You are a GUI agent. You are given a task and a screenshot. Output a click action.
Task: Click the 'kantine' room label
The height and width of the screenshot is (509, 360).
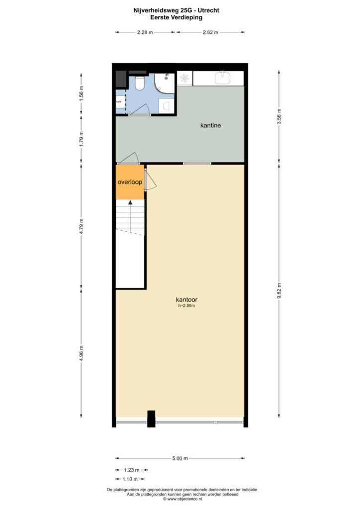click(x=210, y=125)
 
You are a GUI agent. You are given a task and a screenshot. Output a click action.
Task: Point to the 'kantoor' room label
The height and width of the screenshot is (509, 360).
click(x=187, y=300)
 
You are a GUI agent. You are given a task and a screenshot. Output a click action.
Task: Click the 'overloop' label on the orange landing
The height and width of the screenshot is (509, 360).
click(x=130, y=182)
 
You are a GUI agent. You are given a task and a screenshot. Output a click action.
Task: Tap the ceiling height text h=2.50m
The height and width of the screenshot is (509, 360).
click(x=187, y=306)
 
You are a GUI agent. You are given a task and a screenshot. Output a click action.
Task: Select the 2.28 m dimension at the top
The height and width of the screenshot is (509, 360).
click(x=145, y=32)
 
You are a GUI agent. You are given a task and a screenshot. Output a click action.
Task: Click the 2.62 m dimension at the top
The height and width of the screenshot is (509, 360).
click(x=211, y=32)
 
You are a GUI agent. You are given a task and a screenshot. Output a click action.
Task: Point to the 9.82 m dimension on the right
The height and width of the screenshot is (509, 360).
click(x=279, y=291)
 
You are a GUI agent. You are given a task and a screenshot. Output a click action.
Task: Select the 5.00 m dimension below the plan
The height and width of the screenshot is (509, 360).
click(x=180, y=458)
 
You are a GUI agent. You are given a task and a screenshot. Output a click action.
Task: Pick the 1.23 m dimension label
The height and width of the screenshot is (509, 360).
click(x=131, y=470)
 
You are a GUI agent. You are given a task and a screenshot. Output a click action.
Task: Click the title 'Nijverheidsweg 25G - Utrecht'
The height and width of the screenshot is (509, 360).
click(x=180, y=9)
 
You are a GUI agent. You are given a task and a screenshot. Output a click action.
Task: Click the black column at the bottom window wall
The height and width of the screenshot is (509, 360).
click(x=151, y=418)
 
